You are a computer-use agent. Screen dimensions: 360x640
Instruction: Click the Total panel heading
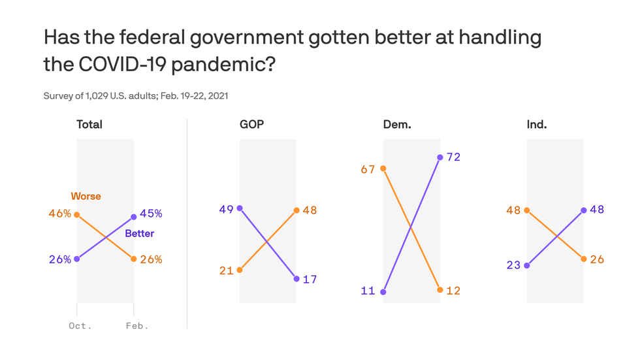[89, 124]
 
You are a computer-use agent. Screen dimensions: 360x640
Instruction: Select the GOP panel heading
[252, 124]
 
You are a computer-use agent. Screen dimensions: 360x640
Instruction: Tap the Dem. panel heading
[397, 124]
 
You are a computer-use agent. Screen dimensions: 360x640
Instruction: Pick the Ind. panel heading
[537, 124]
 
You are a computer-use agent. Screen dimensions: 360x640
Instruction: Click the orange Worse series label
[86, 196]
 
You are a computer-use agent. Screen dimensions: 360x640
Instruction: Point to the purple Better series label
[140, 233]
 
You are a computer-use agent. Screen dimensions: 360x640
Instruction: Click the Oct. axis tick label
[80, 325]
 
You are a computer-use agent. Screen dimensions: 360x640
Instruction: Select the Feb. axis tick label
[137, 325]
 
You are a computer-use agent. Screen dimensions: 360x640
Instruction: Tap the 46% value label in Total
[59, 214]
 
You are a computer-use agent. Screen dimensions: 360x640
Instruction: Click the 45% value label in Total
[151, 213]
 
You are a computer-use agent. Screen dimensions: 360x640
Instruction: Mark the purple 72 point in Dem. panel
[440, 157]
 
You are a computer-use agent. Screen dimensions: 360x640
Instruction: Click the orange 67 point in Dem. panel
[383, 169]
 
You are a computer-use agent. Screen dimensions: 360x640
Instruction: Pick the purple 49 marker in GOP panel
[240, 208]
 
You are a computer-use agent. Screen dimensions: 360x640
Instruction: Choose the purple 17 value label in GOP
[310, 279]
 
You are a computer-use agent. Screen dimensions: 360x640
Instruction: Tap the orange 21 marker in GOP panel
[240, 270]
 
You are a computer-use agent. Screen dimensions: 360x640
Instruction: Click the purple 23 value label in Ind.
[513, 266]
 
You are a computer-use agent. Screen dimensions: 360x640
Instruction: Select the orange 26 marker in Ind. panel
[584, 259]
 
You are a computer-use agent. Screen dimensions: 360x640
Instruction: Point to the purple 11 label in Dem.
[368, 291]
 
